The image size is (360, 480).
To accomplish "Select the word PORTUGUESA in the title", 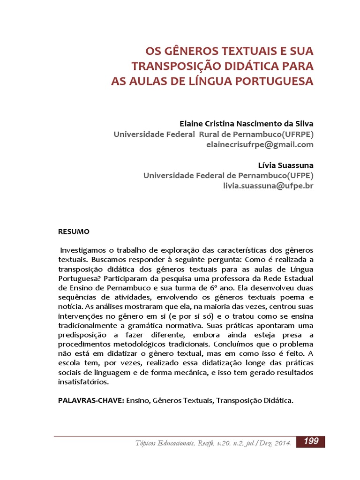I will pyautogui.click(x=274, y=81).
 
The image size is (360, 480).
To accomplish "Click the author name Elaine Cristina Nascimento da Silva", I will pyautogui.click(x=247, y=124).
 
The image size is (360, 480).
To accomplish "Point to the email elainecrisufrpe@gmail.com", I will pyautogui.click(x=260, y=144).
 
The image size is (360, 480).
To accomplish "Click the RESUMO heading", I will pyautogui.click(x=73, y=232).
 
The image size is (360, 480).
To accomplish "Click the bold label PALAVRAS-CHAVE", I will pyautogui.click(x=90, y=401).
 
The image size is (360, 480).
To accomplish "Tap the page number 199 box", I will pyautogui.click(x=311, y=441).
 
